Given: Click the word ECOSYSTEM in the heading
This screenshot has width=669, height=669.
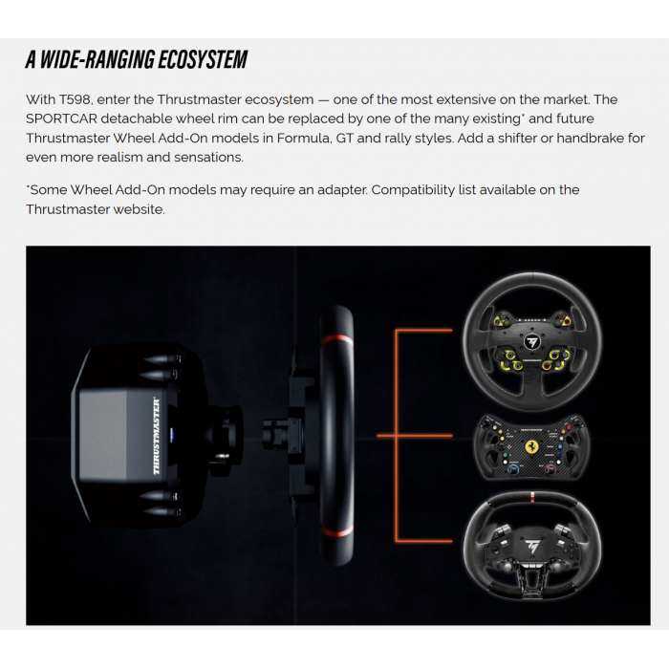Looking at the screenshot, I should tap(197, 60).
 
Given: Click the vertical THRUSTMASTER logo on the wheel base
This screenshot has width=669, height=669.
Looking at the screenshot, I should tap(157, 436).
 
